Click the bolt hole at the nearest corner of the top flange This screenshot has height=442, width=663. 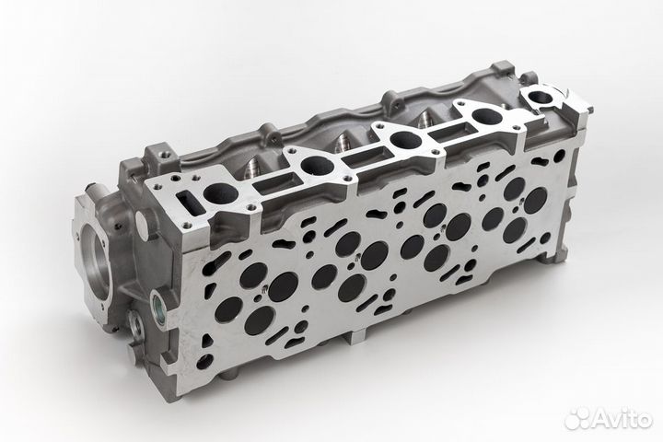coord(189,224)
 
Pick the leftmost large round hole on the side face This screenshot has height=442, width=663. coord(227,309)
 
